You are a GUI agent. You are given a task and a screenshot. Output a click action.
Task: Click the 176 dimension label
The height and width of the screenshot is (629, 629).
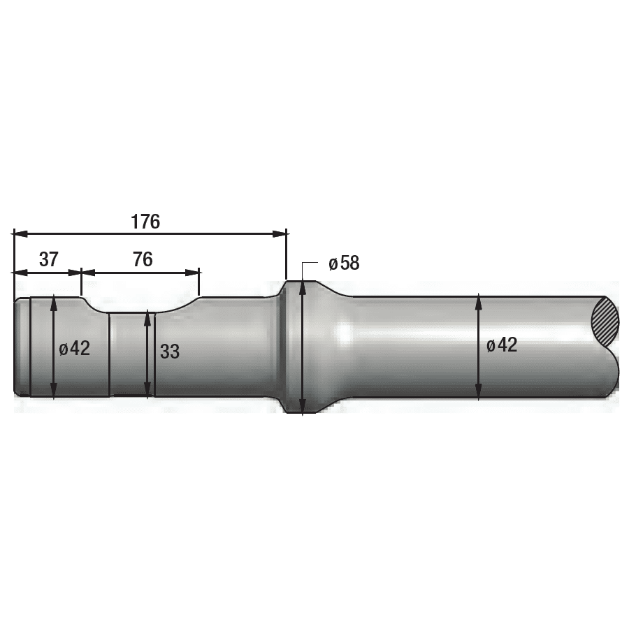click(x=145, y=222)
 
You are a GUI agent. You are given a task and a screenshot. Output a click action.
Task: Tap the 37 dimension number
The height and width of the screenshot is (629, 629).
click(x=49, y=259)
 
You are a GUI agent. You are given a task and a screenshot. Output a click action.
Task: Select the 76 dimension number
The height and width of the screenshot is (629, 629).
click(x=143, y=259)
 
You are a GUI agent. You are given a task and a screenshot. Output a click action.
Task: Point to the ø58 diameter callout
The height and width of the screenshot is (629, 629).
click(x=344, y=263)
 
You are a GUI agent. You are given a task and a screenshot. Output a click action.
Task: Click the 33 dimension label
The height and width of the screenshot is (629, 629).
click(x=170, y=352)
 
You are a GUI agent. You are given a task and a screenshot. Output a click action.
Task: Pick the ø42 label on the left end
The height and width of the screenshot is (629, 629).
click(x=75, y=348)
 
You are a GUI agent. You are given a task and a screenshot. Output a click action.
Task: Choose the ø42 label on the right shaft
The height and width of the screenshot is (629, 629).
click(x=502, y=345)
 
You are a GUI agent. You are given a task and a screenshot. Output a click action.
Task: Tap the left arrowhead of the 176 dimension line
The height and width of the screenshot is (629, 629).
click(x=21, y=233)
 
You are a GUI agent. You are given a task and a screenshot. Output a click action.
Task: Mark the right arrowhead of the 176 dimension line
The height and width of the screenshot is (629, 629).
click(x=280, y=233)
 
